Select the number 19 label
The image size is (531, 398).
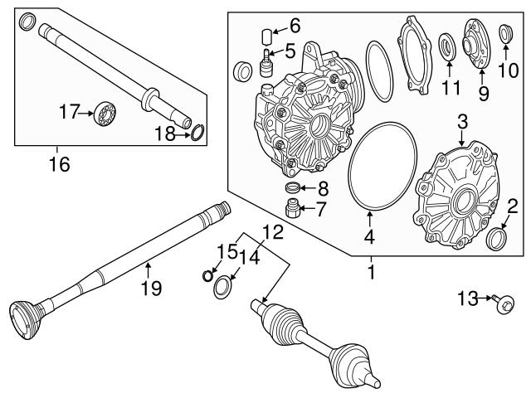[x=150, y=289]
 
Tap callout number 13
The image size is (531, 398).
[x=470, y=297]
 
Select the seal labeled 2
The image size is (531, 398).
[x=498, y=239]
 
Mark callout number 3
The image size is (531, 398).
[x=461, y=124]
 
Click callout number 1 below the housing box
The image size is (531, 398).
[x=371, y=271]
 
